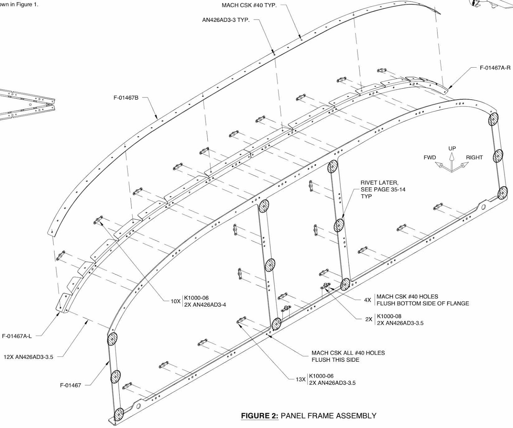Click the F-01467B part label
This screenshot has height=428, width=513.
click(x=126, y=97)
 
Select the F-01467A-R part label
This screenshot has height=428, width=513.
click(x=495, y=68)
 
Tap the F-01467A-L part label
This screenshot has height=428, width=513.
click(x=17, y=336)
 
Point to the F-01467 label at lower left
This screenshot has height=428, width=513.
click(x=71, y=385)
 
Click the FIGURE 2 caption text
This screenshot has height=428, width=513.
click(x=308, y=416)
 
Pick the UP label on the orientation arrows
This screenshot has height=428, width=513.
click(x=452, y=149)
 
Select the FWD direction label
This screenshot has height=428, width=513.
click(x=430, y=158)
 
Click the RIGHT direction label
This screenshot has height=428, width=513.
click(x=474, y=158)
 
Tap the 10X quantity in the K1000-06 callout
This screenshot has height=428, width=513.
click(x=175, y=301)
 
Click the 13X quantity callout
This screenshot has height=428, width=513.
click(x=300, y=379)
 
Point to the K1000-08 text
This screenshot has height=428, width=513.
click(x=389, y=316)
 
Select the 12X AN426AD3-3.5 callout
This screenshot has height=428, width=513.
click(x=29, y=357)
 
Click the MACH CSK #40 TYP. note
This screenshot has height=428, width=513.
click(x=249, y=5)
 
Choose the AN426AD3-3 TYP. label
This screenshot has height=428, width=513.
click(x=226, y=20)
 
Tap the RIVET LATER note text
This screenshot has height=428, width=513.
click(x=380, y=183)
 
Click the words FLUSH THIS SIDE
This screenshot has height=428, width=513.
click(x=335, y=360)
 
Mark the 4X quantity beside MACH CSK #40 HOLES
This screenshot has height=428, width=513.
click(x=367, y=300)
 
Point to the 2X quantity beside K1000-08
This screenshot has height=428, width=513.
click(x=369, y=319)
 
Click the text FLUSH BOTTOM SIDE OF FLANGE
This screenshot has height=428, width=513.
click(x=423, y=303)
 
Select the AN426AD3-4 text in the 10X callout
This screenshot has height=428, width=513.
click(x=205, y=305)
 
